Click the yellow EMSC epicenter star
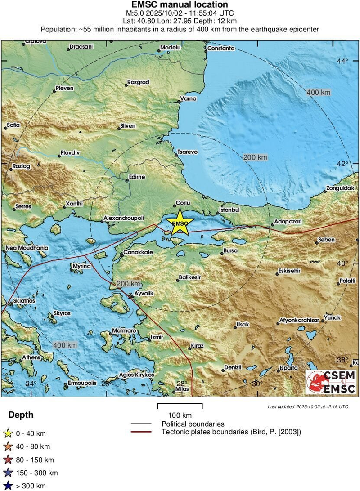coord(180,222)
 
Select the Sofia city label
coord(13,125)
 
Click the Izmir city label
coord(156,336)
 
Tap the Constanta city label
coord(221,48)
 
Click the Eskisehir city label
coord(289,271)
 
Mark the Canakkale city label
coord(138,252)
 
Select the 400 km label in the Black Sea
coord(319,92)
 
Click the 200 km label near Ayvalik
coord(128,284)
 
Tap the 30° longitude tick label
coord(256,384)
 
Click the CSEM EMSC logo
coord(331,382)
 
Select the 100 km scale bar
coord(180,406)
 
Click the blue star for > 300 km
coord(7,486)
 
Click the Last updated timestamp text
coord(308,406)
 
